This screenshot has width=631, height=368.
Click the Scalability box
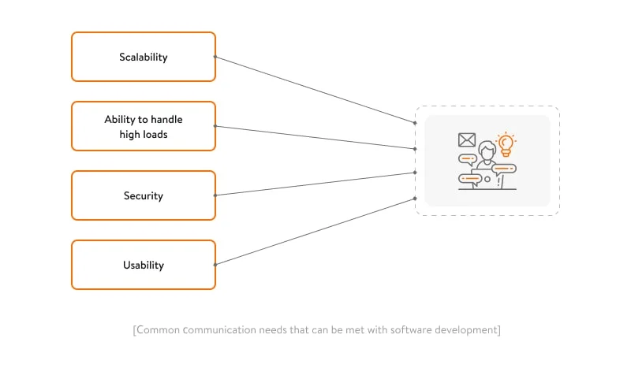click(143, 57)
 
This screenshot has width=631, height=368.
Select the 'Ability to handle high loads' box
click(143, 126)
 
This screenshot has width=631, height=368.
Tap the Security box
click(143, 195)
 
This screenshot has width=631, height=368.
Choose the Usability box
click(143, 265)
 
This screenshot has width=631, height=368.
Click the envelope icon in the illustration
click(467, 140)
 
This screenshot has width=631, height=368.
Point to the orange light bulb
click(506, 143)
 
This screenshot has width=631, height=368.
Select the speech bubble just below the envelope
click(468, 158)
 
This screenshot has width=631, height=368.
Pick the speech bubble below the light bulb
click(503, 168)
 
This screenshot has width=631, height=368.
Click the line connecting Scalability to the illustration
click(315, 90)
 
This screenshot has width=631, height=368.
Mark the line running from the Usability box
click(315, 232)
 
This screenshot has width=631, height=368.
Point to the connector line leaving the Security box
click(315, 184)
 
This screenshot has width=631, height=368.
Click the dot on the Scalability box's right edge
click(215, 57)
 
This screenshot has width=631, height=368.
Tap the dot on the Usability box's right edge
click(215, 265)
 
